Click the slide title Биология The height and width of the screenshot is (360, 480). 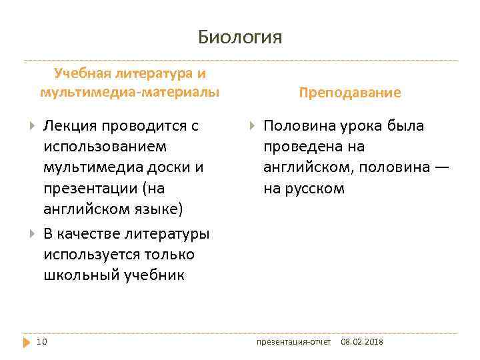(240, 37)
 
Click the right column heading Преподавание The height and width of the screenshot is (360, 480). (350, 93)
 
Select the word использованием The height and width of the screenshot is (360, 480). (105, 146)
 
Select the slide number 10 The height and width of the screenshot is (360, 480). (41, 342)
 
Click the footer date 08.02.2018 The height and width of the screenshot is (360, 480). (362, 342)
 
